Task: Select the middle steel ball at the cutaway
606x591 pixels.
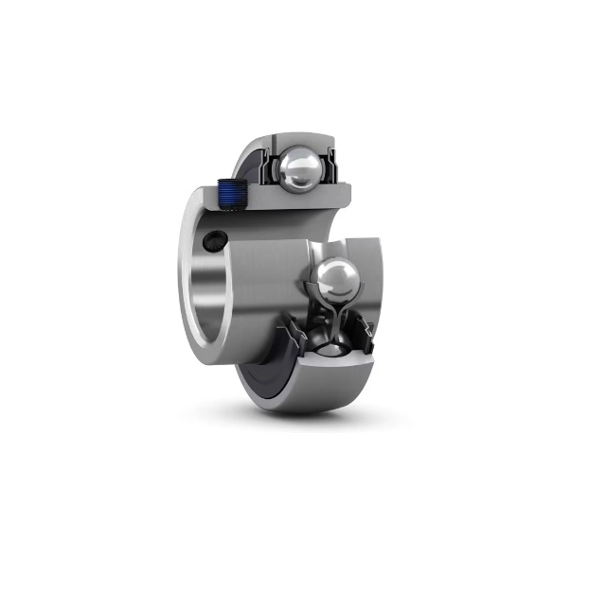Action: [335, 280]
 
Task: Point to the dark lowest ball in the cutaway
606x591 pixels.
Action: [326, 342]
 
